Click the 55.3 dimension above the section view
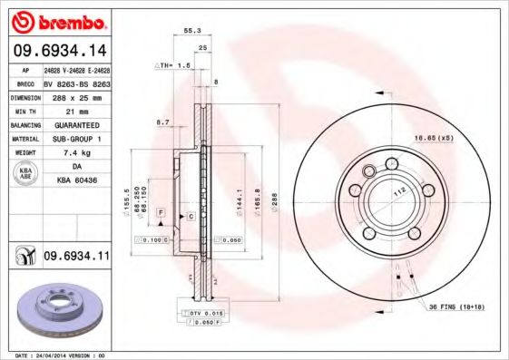(192, 30)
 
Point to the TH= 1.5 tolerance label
(172, 65)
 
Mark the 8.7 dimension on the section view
(163, 121)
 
